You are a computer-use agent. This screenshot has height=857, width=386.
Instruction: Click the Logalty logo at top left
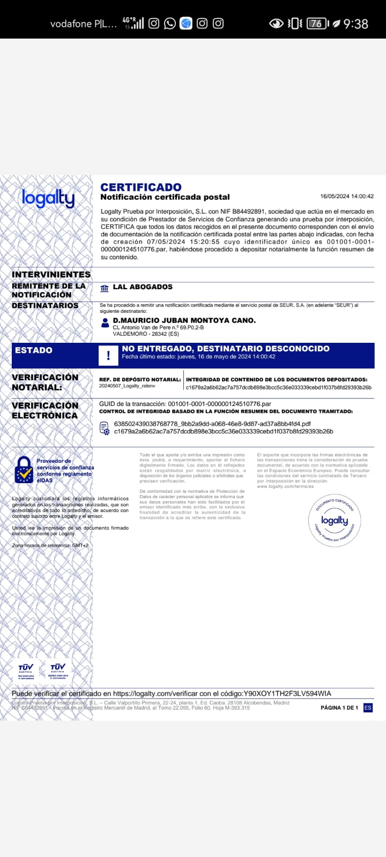click(x=48, y=198)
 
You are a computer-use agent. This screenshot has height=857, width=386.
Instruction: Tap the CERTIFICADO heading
click(x=141, y=187)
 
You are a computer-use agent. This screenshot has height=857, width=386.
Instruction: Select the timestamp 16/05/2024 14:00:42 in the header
click(x=347, y=197)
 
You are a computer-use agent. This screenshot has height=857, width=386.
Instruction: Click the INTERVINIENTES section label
click(x=51, y=275)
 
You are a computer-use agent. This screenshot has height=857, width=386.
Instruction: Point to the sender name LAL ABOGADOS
click(x=143, y=287)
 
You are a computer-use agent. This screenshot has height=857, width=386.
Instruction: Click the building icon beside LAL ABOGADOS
click(x=105, y=288)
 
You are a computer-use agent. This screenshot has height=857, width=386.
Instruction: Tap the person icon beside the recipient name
click(x=105, y=322)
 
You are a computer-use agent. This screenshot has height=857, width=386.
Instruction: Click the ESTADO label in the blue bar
click(x=34, y=350)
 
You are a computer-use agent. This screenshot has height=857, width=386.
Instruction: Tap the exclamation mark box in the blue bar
click(x=108, y=355)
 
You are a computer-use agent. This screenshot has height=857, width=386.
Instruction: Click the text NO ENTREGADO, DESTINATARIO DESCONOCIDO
click(x=226, y=349)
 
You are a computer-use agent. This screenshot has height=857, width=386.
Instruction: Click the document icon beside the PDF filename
click(x=105, y=427)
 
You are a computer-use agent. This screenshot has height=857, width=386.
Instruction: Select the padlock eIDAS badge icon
click(x=24, y=470)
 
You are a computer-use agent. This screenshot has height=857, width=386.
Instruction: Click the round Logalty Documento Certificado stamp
click(x=335, y=520)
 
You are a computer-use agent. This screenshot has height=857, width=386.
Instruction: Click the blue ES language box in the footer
click(x=368, y=708)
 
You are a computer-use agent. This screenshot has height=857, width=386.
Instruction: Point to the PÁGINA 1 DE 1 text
click(x=339, y=708)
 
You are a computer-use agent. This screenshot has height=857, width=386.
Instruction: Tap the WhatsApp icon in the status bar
click(x=170, y=23)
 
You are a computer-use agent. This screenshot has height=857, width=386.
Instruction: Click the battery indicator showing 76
click(x=316, y=23)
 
